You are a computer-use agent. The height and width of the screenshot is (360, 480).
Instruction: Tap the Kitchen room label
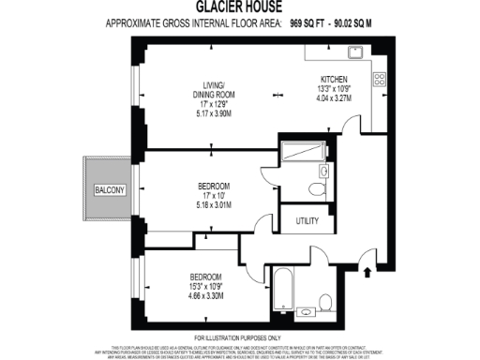click(336, 79)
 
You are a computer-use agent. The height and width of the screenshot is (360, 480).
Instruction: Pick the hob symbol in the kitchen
click(381, 79)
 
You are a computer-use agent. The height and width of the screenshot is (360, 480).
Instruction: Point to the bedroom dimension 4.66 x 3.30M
click(206, 294)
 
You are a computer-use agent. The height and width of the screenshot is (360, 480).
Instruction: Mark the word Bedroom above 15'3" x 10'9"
click(206, 277)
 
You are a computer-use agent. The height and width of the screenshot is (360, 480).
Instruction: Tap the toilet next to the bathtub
click(326, 301)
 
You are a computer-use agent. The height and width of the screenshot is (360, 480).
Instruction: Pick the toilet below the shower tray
click(322, 173)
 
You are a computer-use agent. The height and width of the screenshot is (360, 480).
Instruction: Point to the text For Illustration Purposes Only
click(240, 337)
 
